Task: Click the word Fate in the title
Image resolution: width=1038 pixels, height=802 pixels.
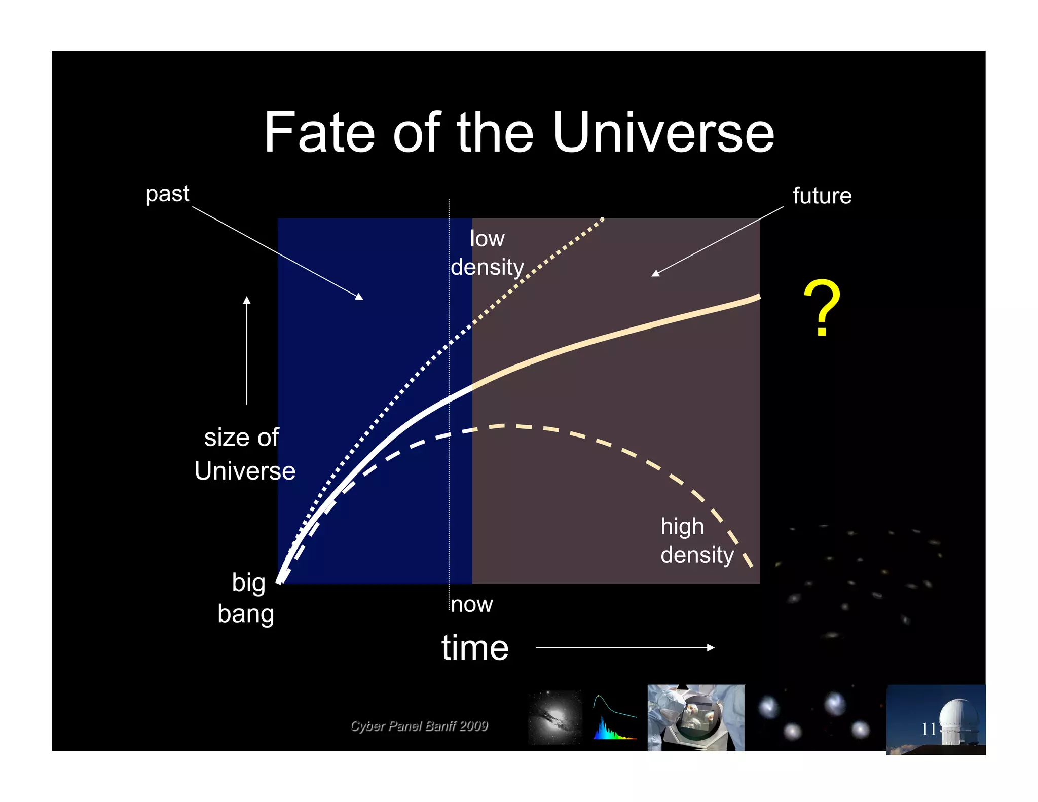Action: pos(319,133)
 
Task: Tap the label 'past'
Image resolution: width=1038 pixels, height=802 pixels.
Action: pos(167,194)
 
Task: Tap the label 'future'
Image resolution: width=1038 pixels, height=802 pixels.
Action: pos(822,196)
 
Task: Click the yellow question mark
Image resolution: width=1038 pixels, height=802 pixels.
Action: pos(822,308)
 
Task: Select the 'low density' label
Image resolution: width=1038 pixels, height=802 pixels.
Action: pos(487,252)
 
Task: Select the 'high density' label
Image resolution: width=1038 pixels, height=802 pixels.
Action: pos(696,540)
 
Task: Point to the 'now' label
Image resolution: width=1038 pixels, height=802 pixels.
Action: pos(471,604)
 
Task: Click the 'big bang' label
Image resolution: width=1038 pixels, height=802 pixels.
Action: pos(246,598)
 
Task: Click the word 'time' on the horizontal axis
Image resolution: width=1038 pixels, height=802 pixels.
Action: pos(475,647)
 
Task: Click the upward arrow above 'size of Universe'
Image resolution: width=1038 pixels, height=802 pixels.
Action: pos(247,350)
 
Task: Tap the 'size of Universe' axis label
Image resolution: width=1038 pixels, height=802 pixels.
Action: pos(244,454)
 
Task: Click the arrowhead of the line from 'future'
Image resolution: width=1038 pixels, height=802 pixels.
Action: pos(655,274)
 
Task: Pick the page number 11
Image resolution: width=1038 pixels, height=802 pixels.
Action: pos(929,729)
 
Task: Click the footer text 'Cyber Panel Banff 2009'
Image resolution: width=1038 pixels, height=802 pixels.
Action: pos(419,726)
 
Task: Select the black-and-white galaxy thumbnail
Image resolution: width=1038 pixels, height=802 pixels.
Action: pos(555,718)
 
